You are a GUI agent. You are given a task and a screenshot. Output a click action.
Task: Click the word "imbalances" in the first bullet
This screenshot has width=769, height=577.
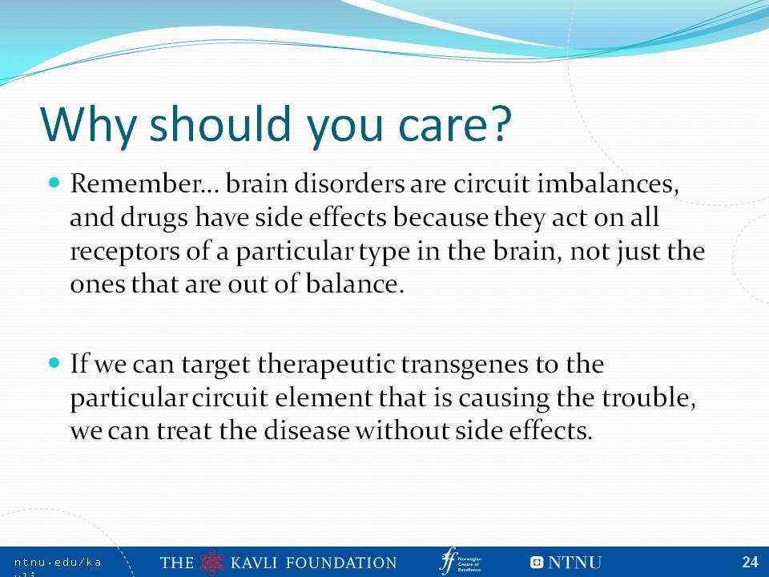click(608, 184)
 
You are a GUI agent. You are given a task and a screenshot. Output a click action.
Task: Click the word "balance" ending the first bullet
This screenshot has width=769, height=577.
click(352, 284)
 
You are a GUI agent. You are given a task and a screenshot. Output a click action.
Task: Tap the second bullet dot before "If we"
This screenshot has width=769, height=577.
click(54, 364)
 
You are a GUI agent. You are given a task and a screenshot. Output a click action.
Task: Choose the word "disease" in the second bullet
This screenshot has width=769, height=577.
click(307, 430)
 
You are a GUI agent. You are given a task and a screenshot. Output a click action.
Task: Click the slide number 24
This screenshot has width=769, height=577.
click(751, 562)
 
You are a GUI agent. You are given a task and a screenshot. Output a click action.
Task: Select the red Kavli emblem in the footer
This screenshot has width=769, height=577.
click(212, 563)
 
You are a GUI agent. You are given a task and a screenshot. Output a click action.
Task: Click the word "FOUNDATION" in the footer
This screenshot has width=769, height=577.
click(341, 563)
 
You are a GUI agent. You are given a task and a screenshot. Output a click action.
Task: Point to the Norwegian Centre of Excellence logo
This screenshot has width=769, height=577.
click(460, 561)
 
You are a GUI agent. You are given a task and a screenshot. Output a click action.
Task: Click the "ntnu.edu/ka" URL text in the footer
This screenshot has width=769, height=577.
click(58, 563)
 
